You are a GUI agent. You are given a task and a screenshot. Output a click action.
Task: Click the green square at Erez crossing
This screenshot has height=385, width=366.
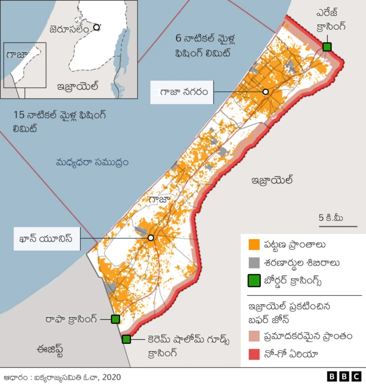(x=327, y=46)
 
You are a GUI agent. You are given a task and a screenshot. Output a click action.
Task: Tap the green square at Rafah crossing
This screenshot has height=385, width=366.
(x=115, y=319)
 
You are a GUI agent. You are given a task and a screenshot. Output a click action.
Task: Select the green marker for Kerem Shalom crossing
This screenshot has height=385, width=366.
(x=126, y=339)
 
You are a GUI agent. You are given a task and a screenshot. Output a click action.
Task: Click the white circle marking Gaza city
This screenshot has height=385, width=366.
(x=265, y=92)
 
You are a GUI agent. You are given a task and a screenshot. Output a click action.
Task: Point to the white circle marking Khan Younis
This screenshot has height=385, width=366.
(x=151, y=237)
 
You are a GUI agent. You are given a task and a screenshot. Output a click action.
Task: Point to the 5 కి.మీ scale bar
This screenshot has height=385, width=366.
(x=337, y=227)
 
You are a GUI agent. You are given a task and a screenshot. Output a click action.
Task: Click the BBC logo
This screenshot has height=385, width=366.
(x=344, y=376)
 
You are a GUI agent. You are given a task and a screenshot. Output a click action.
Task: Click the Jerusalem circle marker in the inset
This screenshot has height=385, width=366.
(x=97, y=27)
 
